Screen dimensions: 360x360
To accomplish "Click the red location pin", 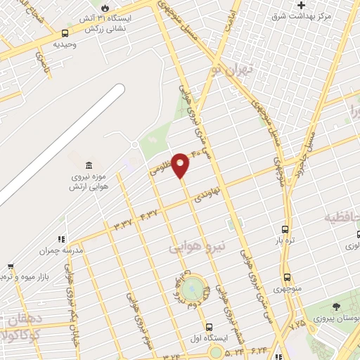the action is click(x=181, y=165).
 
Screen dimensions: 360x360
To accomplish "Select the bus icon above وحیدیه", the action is click(x=65, y=32).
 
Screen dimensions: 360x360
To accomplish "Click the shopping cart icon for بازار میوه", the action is click(x=10, y=267).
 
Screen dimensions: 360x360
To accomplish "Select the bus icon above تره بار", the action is click(x=285, y=229).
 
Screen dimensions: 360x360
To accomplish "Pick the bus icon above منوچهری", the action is click(x=288, y=277).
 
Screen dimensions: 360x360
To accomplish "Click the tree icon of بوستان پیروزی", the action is click(x=335, y=306).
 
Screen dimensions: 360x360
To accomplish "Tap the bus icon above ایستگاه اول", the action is click(x=209, y=326).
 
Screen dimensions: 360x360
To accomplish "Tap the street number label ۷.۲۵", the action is click(x=297, y=325).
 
